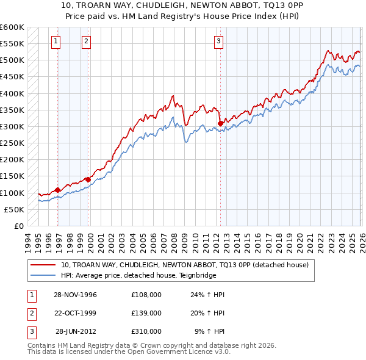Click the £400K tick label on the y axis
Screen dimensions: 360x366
click(x=12, y=93)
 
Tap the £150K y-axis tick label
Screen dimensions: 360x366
click(x=12, y=176)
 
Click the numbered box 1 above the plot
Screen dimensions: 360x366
click(x=56, y=41)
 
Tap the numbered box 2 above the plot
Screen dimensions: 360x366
click(x=86, y=41)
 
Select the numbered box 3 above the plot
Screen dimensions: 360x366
click(x=218, y=41)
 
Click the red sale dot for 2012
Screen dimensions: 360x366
click(x=220, y=123)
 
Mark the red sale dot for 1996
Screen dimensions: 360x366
click(x=58, y=190)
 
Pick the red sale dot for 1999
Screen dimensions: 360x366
click(x=88, y=179)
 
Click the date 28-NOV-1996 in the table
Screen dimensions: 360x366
click(x=75, y=295)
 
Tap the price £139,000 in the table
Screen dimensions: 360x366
click(x=146, y=313)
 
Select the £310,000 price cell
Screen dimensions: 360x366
click(x=146, y=331)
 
